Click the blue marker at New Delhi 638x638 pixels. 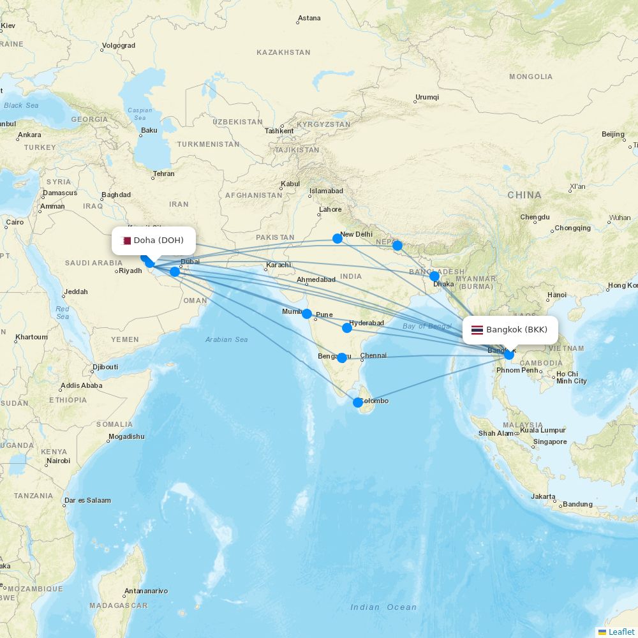point(338,239)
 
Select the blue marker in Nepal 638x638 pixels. point(397,246)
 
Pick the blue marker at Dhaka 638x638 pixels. point(434,276)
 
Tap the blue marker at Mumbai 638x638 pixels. point(307,314)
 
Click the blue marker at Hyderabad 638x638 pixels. point(347,328)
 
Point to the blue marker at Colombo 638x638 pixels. point(358,403)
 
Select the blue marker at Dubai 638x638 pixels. point(175,272)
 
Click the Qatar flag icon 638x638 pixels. point(126,241)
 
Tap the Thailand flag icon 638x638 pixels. point(477,330)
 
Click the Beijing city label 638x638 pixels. point(613,134)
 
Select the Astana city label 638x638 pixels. point(309,18)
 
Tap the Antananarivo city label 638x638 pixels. point(146,591)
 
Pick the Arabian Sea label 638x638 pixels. point(226,339)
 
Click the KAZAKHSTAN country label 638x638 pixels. point(283,52)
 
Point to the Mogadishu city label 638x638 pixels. point(126,436)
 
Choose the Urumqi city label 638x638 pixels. point(427,97)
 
